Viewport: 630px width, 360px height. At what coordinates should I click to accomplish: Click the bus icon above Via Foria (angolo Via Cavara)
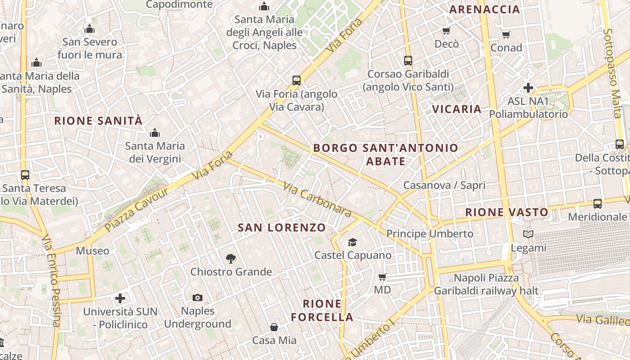coord(296,81)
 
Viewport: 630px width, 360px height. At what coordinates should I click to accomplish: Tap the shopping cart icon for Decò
coord(446,31)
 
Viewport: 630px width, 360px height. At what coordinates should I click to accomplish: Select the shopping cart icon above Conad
coord(506,35)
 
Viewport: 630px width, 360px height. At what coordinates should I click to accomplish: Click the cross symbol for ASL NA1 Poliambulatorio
coord(528,87)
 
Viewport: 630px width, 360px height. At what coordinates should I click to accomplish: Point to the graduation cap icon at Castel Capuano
coord(352,242)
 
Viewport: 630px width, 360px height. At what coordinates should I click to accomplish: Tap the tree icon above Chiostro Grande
coord(231,258)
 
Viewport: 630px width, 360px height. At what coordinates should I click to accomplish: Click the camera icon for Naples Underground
coord(197,297)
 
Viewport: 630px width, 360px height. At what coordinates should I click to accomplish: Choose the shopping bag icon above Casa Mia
coord(274,327)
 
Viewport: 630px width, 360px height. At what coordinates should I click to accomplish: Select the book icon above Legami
coord(528,234)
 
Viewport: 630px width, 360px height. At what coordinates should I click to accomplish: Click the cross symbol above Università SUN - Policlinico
coord(120,298)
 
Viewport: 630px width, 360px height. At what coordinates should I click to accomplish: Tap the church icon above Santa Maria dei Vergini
coord(155,132)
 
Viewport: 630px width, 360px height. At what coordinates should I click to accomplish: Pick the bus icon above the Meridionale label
coord(597,203)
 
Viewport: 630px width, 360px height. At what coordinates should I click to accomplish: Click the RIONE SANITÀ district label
coord(98,121)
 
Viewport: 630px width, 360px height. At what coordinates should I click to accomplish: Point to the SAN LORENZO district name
coord(281,227)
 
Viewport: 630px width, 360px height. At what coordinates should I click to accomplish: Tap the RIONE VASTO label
coord(507,212)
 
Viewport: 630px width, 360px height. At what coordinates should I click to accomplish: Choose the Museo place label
coord(92,251)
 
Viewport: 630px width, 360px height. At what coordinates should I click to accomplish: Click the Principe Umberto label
coord(430,234)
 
